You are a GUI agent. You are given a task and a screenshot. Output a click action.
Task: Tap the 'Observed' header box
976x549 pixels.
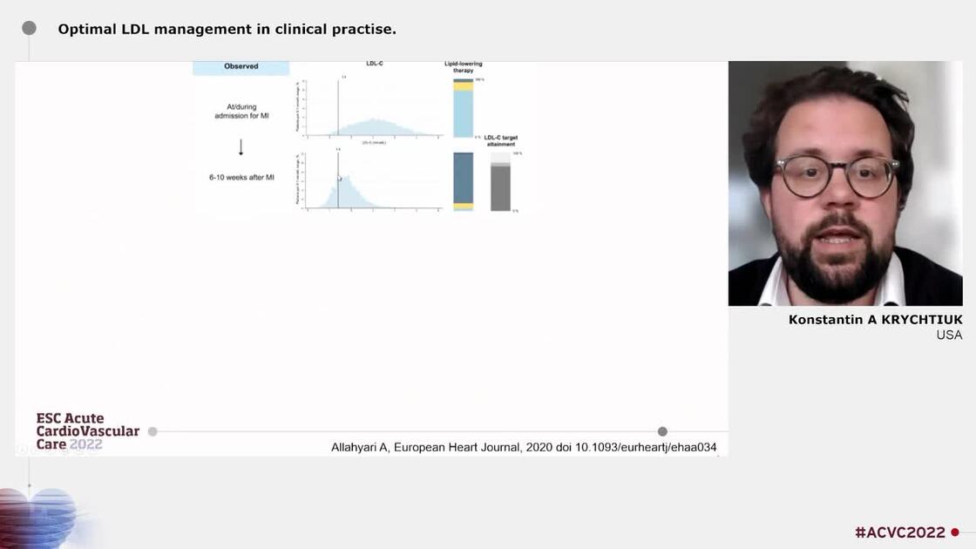click(x=241, y=67)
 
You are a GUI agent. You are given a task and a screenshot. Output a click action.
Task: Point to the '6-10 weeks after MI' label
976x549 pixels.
click(x=241, y=177)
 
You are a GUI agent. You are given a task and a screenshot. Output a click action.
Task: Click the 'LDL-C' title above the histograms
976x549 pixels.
click(x=375, y=64)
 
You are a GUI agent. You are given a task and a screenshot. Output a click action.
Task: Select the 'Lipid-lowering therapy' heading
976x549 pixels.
click(x=463, y=67)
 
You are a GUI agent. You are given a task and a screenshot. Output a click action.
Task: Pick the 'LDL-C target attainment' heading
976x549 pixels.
click(x=500, y=140)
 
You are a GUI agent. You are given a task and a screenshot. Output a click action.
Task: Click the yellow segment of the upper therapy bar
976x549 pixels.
click(x=463, y=86)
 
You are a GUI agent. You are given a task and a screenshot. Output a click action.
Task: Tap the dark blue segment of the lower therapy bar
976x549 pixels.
click(x=463, y=178)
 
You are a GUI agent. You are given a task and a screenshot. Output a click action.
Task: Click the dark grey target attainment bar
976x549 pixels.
click(x=500, y=187)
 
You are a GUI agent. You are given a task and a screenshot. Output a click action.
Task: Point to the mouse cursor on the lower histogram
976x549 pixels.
click(x=340, y=178)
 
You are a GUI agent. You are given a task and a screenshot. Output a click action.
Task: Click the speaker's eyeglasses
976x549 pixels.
click(x=837, y=176)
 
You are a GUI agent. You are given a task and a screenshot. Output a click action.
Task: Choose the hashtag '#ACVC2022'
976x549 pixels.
click(x=900, y=532)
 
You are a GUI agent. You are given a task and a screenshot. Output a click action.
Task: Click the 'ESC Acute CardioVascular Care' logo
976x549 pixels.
click(x=87, y=431)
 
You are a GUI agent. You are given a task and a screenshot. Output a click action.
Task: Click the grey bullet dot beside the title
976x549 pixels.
click(x=29, y=28)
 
